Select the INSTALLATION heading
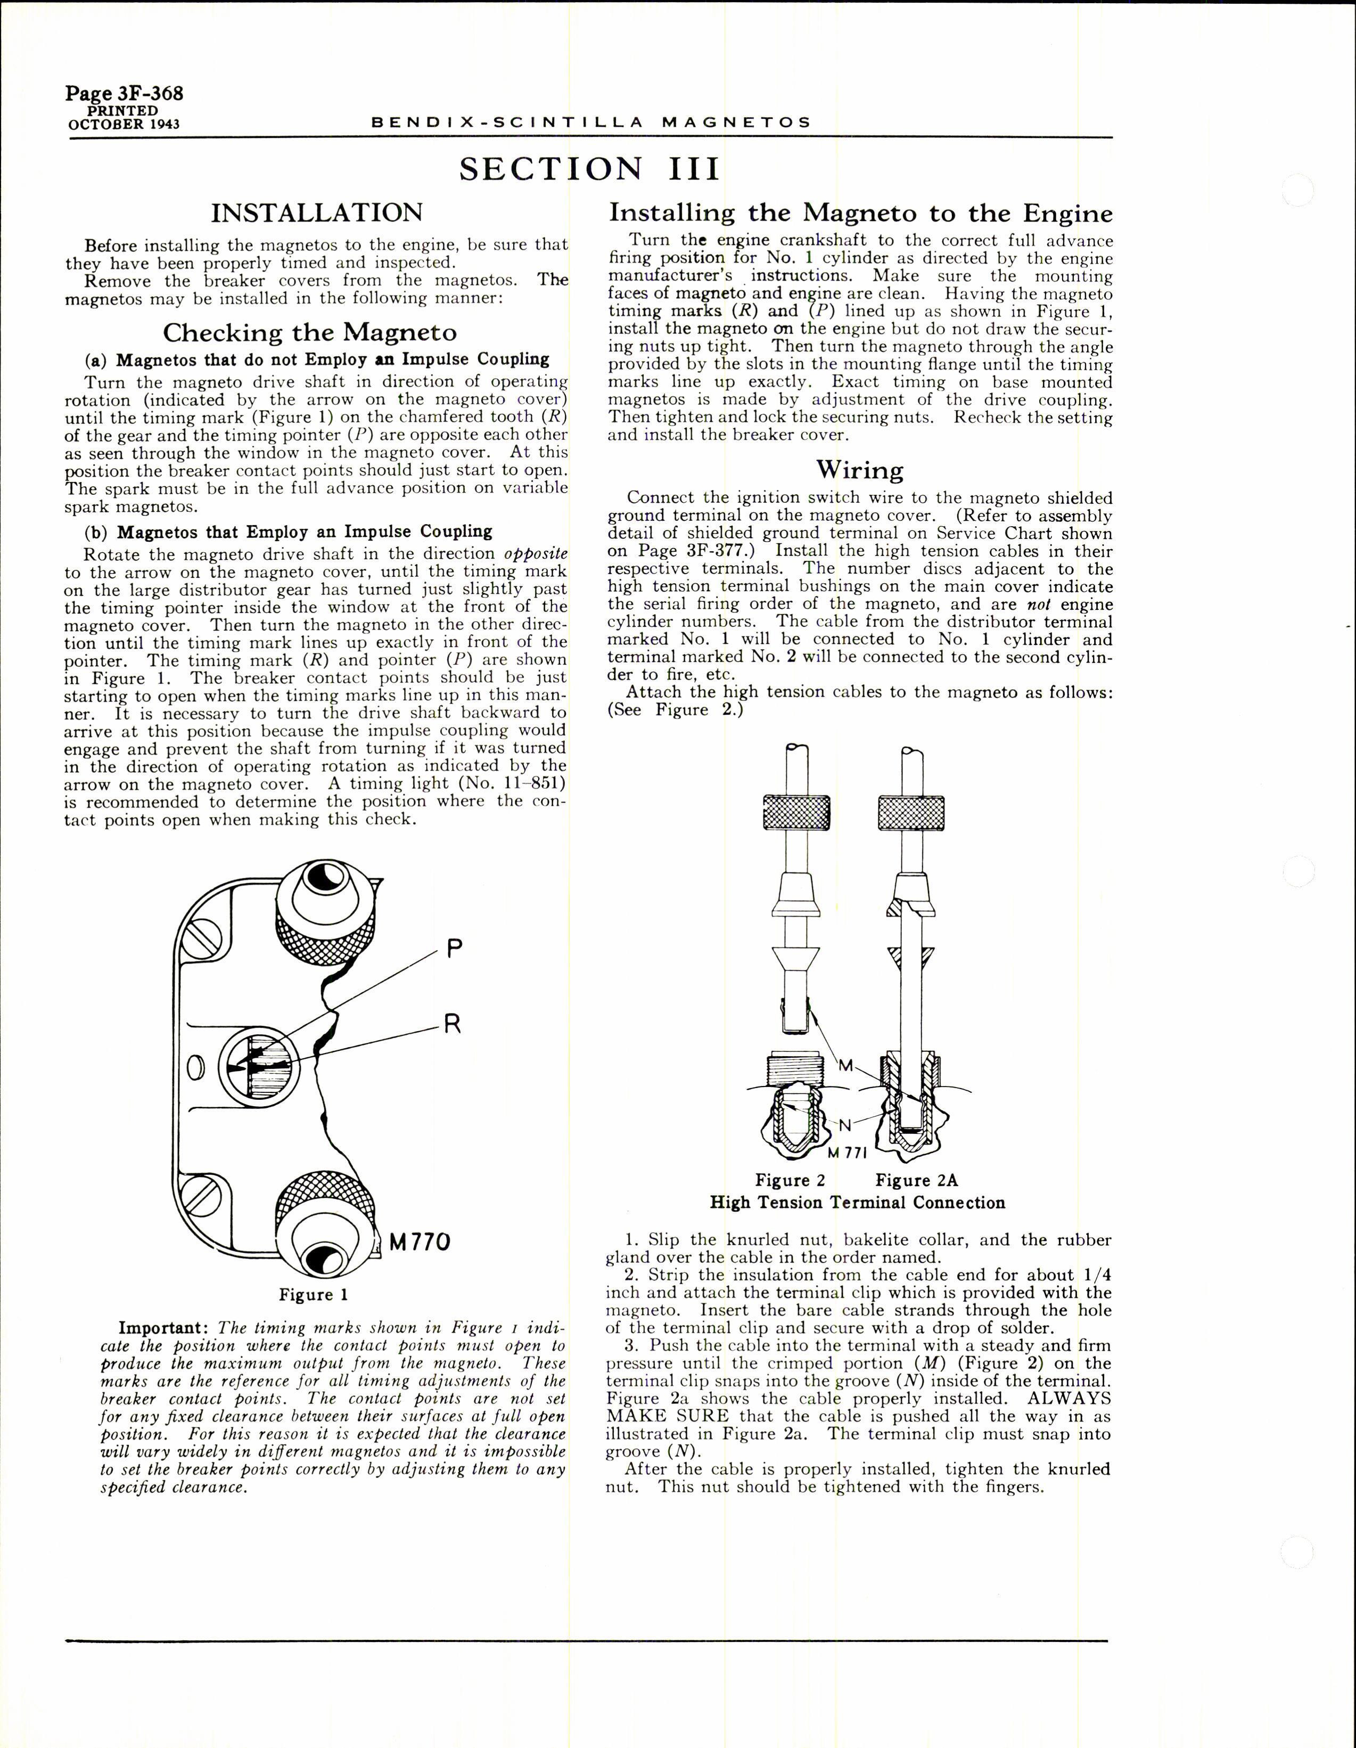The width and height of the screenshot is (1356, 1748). [316, 213]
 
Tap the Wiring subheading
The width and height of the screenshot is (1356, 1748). [859, 470]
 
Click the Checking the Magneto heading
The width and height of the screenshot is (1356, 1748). [310, 332]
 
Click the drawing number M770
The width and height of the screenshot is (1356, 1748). [420, 1242]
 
